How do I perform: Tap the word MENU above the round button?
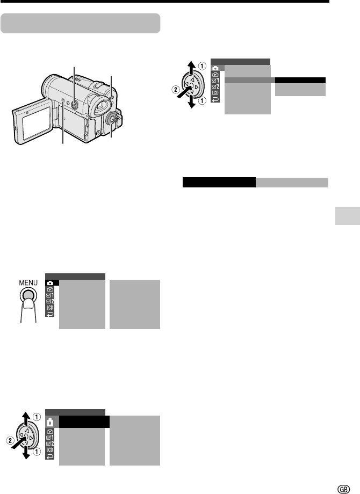click(x=28, y=282)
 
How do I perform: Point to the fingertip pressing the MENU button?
click(x=28, y=304)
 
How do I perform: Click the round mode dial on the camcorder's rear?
click(x=111, y=119)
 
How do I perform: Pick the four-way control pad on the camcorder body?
click(x=74, y=105)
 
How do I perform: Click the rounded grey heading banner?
click(x=81, y=23)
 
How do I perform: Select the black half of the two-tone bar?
click(x=219, y=183)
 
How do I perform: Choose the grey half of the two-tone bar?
click(x=292, y=183)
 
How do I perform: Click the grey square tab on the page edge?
click(x=348, y=216)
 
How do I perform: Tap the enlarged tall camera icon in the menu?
click(x=50, y=422)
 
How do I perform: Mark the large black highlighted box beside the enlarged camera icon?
click(x=84, y=422)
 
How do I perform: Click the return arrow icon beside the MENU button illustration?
click(x=50, y=314)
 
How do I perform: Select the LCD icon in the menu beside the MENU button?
click(x=50, y=308)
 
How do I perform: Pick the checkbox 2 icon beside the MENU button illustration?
click(x=50, y=302)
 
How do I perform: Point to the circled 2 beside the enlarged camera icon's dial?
click(x=10, y=440)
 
